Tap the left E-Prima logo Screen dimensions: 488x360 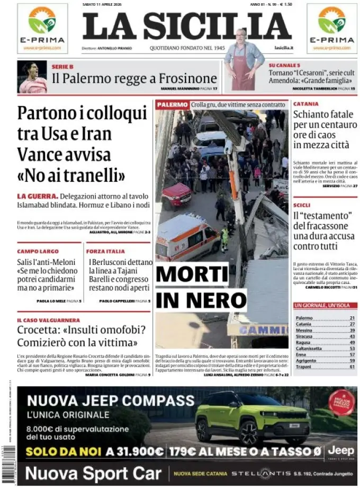tap(42, 28)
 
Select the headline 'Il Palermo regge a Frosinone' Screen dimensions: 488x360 tap(134, 78)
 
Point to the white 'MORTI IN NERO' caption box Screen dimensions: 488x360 tap(201, 287)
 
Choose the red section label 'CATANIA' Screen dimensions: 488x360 tap(306, 104)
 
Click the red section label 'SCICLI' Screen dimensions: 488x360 tap(302, 205)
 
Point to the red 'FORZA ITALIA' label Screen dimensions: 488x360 tap(105, 251)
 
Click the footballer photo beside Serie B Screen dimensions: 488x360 tap(32, 77)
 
